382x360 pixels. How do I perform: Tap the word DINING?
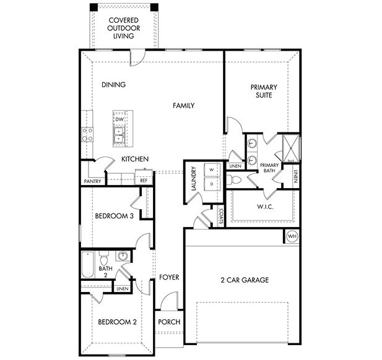[113, 85]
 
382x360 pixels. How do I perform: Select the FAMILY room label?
[183, 106]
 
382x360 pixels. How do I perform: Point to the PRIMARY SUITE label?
[264, 92]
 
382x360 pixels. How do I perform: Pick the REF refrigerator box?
[144, 180]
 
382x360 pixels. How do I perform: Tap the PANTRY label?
[92, 181]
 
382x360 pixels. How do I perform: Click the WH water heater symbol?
[292, 236]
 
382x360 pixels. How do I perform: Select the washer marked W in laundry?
[211, 169]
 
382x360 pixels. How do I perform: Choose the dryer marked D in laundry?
[211, 184]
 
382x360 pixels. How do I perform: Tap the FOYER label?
[169, 277]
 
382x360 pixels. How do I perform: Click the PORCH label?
[169, 322]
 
